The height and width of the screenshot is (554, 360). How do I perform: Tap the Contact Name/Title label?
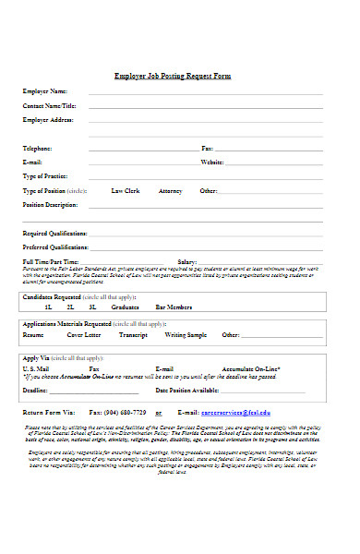49,106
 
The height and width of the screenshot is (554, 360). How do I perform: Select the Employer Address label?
47,120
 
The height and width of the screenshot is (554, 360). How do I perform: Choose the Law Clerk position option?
125,190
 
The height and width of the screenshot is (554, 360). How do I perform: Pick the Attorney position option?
171,190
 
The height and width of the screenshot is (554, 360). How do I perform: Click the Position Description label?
50,204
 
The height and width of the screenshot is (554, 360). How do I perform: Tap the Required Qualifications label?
54,234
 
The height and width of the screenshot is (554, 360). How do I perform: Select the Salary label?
187,262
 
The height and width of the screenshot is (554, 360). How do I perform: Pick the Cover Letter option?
81,335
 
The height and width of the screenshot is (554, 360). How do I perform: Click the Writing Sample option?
186,335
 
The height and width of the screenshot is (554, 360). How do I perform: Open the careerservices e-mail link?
235,412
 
